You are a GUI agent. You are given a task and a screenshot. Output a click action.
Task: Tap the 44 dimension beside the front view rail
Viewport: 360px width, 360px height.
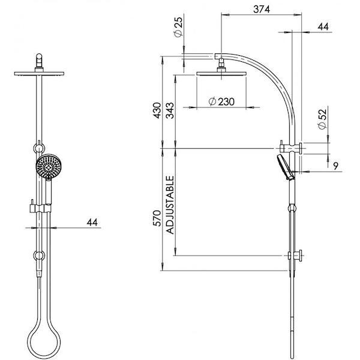92,222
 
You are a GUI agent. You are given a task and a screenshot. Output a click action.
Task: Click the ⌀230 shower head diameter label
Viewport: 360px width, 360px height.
221,102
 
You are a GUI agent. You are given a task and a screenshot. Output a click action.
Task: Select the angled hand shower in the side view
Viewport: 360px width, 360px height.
285,166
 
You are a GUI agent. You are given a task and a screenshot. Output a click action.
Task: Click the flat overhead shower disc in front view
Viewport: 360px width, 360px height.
40,73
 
